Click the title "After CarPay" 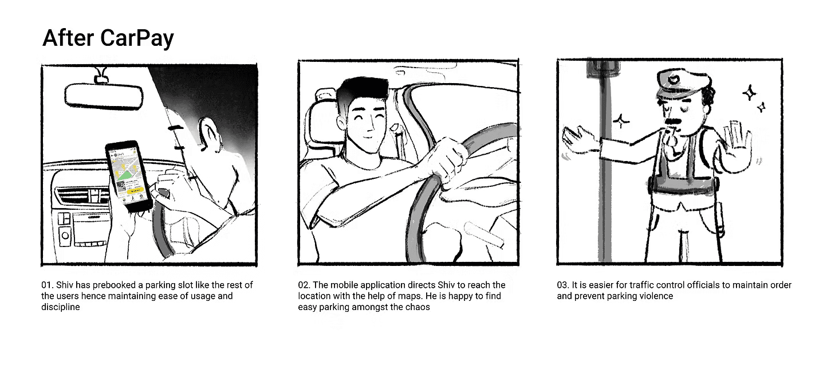pyautogui.click(x=108, y=38)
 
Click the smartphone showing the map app pyautogui.click(x=129, y=176)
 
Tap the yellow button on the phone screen pyautogui.click(x=135, y=191)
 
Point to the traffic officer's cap pyautogui.click(x=683, y=83)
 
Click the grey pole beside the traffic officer pyautogui.click(x=605, y=163)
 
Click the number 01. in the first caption pyautogui.click(x=48, y=285)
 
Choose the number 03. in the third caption pyautogui.click(x=563, y=285)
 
